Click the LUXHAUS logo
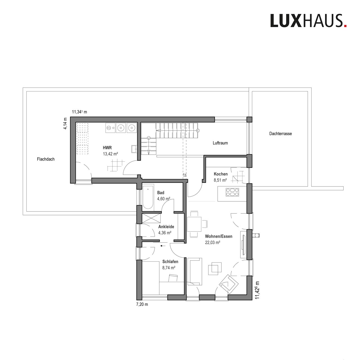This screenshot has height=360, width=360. (308, 21)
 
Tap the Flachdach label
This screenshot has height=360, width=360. (46, 159)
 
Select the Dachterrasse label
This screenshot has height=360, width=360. (280, 134)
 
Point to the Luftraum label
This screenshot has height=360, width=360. (220, 143)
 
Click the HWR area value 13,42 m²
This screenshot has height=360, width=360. (111, 154)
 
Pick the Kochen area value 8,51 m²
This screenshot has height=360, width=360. (220, 180)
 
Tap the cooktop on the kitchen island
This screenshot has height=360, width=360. (232, 192)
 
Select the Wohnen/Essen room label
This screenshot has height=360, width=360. (219, 236)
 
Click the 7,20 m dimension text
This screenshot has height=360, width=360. (142, 304)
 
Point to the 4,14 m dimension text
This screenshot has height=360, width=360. (65, 123)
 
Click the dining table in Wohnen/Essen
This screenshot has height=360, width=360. (194, 224)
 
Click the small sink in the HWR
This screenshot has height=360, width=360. (134, 149)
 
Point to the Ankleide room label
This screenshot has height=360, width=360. (166, 227)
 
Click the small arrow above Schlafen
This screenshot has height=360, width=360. (163, 246)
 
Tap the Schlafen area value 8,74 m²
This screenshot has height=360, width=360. (169, 268)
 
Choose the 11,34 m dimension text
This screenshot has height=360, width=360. (79, 112)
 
